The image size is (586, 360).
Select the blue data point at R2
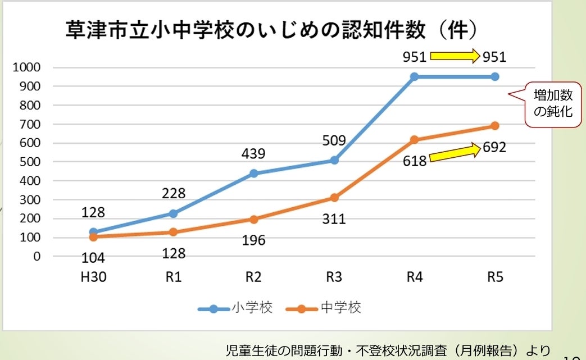click(x=254, y=174)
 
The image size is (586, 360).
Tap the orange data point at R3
click(x=334, y=198)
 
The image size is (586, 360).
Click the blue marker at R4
click(x=415, y=76)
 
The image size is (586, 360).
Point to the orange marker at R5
click(x=495, y=126)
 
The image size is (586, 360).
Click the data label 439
click(x=253, y=154)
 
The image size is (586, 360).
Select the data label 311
click(x=334, y=218)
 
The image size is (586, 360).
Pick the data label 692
click(x=494, y=148)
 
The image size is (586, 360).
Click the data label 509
click(x=334, y=140)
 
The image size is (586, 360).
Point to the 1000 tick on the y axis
click(x=29, y=67)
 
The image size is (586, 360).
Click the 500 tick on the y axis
click(x=31, y=162)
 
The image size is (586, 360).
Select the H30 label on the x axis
click(x=93, y=277)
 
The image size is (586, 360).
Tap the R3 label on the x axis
click(x=334, y=277)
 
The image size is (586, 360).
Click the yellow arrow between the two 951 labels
click(x=455, y=56)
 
